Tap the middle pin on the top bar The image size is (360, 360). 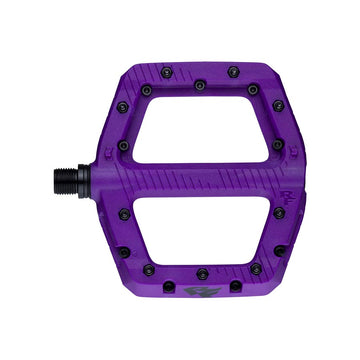coord(200,84)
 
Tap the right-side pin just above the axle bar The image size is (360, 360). coord(277,144)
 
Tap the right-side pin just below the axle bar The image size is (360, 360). coord(278,211)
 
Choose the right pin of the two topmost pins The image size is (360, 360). coord(233,72)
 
